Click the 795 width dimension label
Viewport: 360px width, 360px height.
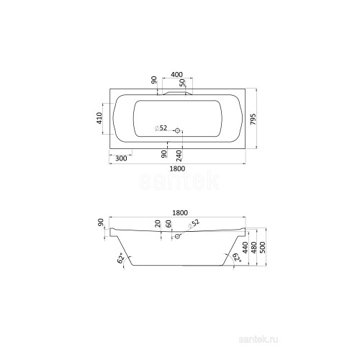click(253, 119)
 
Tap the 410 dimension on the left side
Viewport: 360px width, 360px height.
click(99, 118)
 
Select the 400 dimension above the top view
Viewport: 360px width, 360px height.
click(176, 75)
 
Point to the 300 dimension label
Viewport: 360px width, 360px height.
click(121, 158)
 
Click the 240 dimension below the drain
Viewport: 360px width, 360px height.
click(179, 156)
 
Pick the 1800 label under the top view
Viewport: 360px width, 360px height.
click(177, 168)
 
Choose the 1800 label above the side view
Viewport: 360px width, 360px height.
click(180, 213)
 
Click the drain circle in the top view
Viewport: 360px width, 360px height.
click(178, 131)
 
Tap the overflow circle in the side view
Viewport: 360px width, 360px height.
click(178, 236)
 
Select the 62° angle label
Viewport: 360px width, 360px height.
click(122, 258)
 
